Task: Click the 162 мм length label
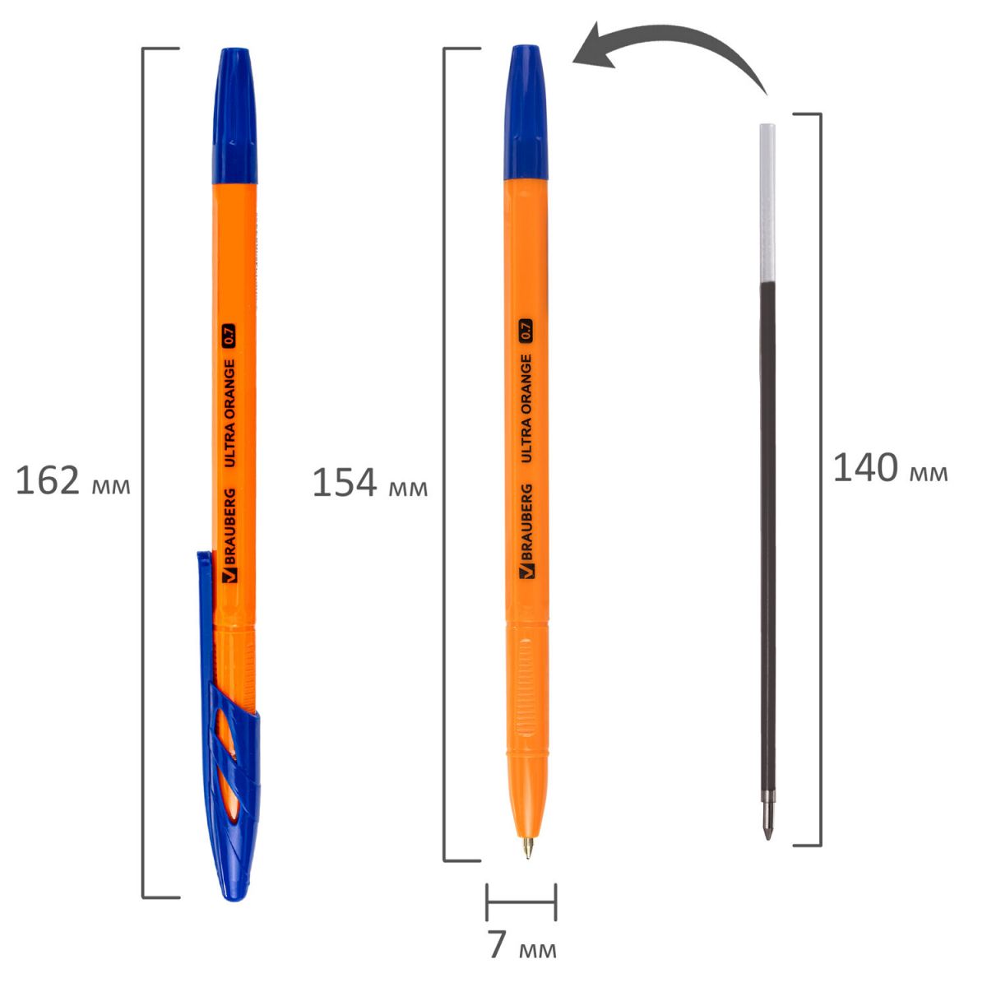coord(72,480)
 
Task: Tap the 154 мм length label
coord(370,483)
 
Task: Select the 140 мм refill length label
coord(890,468)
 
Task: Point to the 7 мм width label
coord(521,944)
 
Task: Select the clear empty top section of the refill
coord(767,203)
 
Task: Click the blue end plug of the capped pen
coord(234,116)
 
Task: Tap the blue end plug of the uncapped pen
coord(526,113)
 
